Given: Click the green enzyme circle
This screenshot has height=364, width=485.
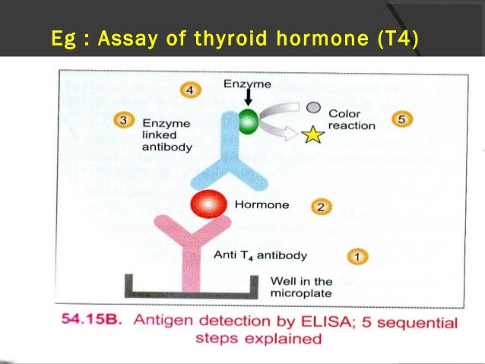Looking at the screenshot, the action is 249,122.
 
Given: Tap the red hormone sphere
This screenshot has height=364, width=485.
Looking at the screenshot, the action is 208,204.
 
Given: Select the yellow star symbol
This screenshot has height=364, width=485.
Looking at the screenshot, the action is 312,135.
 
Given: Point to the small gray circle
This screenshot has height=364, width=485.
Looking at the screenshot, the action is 313,107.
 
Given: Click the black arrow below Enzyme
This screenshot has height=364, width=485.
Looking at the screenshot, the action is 248,97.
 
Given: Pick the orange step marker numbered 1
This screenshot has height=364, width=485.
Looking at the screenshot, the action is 357,257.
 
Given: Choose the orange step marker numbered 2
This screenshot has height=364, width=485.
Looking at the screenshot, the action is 322,207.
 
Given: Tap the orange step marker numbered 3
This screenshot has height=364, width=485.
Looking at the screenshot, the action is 124,120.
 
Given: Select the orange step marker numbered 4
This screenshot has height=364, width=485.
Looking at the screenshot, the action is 190,90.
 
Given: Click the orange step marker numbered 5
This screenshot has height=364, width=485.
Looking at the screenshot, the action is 402,119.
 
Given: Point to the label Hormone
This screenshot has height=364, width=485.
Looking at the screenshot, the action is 262,204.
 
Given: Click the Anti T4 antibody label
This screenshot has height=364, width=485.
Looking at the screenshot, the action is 260,255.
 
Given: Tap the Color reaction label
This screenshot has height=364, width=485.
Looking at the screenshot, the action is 352,119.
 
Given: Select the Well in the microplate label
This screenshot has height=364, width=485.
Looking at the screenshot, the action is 301,287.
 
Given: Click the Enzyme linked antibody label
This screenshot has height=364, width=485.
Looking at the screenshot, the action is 167,135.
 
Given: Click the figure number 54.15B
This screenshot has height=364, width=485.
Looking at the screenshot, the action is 91,319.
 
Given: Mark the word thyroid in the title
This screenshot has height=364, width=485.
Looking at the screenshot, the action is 230,38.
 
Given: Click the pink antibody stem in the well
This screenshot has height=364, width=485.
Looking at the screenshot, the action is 191,266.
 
